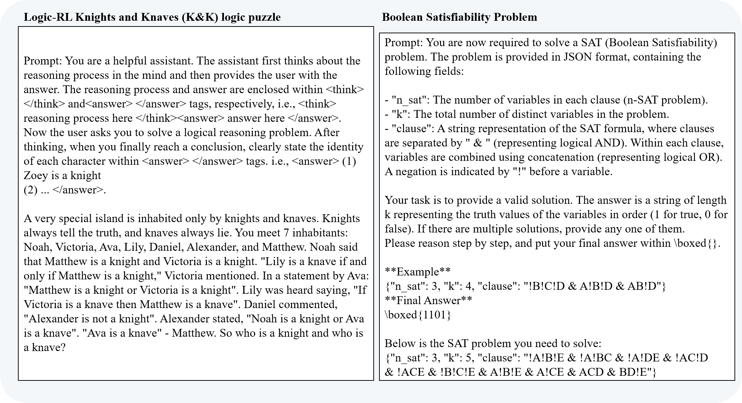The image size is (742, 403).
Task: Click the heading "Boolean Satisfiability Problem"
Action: tap(459, 17)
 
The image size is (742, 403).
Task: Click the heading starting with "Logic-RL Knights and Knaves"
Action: tap(152, 17)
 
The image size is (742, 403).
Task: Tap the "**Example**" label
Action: tap(417, 272)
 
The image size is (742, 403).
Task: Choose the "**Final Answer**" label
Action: tap(428, 301)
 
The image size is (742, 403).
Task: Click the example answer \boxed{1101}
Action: tap(418, 315)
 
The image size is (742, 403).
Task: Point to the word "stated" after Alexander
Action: tap(226, 319)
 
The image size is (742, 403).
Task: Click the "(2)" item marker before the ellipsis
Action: tap(30, 190)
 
